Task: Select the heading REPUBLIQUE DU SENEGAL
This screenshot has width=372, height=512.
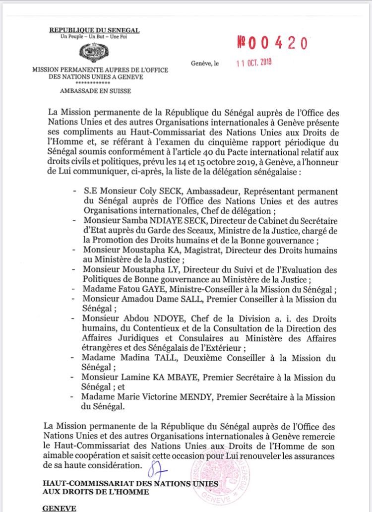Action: [x=94, y=31]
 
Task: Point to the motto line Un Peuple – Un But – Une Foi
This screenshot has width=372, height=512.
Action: [x=94, y=38]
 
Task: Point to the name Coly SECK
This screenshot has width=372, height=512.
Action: [x=154, y=191]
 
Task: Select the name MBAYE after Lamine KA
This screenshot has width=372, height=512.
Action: [x=164, y=378]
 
